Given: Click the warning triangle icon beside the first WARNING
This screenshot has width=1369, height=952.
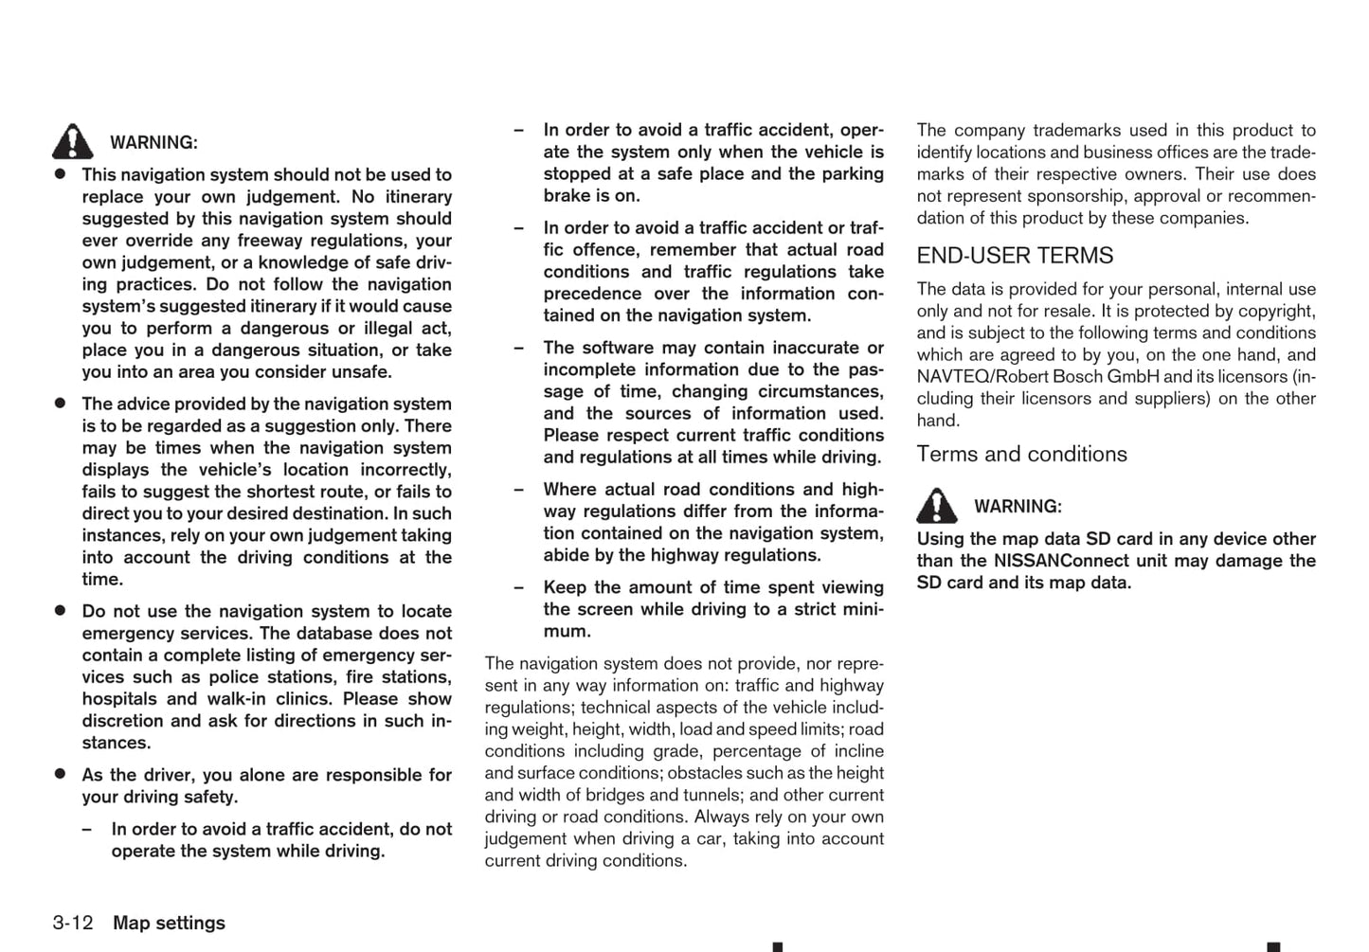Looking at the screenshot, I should pos(73,141).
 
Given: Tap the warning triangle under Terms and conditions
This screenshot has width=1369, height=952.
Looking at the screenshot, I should pos(936,506).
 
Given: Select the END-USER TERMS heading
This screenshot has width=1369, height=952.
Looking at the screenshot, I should pos(1015,256).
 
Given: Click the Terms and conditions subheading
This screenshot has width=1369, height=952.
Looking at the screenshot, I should pos(1021,455).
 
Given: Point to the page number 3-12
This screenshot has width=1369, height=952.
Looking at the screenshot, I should pos(73,923).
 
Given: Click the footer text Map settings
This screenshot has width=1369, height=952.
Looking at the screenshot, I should pos(169,923).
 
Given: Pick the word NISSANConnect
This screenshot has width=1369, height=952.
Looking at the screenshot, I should pos(1053,561).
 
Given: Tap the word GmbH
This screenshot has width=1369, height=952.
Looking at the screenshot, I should pos(1133,377).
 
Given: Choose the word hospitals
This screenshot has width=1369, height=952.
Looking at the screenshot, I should pos(120,699).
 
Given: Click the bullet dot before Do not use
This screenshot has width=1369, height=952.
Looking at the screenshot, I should pos(60,611).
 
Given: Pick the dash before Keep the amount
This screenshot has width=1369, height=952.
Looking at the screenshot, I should pos(518,587).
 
